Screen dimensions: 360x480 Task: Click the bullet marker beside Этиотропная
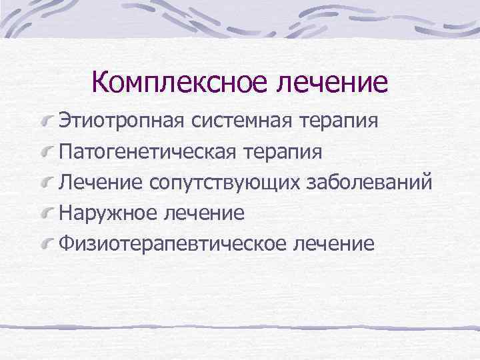coord(47,123)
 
